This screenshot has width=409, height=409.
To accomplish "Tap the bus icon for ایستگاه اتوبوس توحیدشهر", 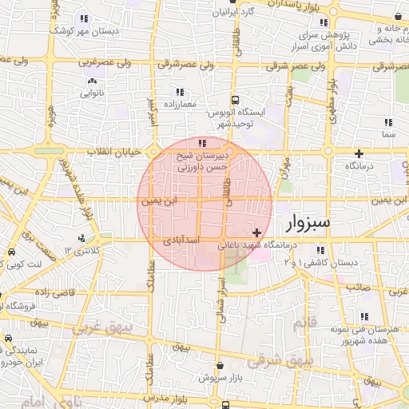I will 235,101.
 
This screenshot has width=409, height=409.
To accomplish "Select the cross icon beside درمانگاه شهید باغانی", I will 256,232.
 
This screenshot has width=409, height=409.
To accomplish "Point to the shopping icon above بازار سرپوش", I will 220,364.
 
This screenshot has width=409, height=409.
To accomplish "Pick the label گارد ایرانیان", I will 240,14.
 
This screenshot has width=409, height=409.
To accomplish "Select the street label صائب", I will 357,286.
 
